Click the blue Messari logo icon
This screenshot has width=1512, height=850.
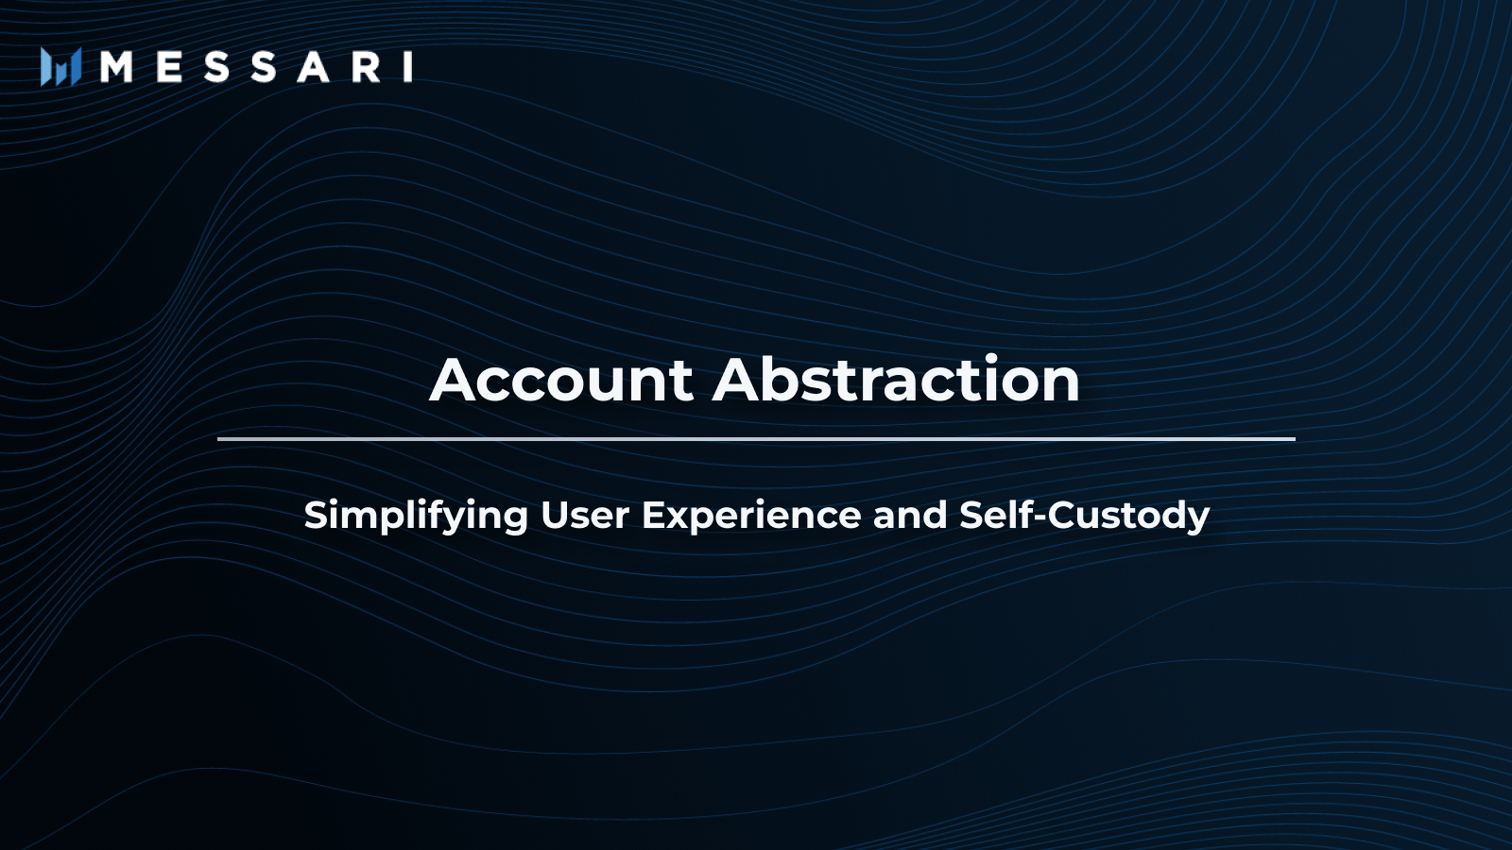point(60,67)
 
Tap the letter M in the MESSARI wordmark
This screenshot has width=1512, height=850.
point(116,67)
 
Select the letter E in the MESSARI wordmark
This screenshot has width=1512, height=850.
point(169,67)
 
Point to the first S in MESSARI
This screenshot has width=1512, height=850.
point(216,67)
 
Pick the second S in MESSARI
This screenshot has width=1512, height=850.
point(264,67)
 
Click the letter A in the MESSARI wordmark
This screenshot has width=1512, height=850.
point(314,67)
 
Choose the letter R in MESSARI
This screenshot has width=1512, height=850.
point(366,67)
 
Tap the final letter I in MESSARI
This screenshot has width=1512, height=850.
point(407,67)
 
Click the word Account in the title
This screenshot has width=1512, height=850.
point(561,379)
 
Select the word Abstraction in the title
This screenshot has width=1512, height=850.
point(897,379)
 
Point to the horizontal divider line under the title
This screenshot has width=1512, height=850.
point(756,439)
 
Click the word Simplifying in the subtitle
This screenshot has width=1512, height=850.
point(416,516)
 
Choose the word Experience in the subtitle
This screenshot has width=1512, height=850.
point(751,516)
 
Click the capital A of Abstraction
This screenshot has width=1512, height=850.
point(738,379)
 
